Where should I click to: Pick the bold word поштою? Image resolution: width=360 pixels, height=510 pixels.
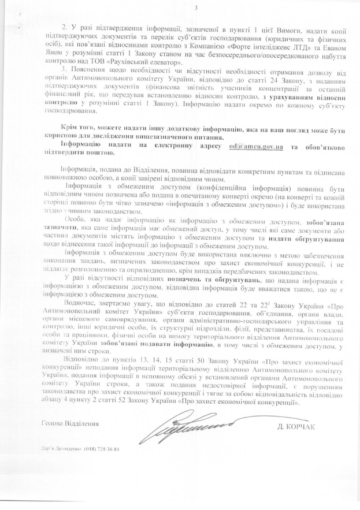102,154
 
